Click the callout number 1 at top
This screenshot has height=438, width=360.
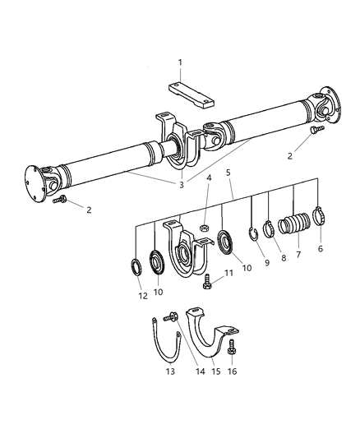click(x=180, y=62)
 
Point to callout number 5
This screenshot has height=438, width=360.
click(x=228, y=196)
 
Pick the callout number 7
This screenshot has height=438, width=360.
click(x=298, y=255)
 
